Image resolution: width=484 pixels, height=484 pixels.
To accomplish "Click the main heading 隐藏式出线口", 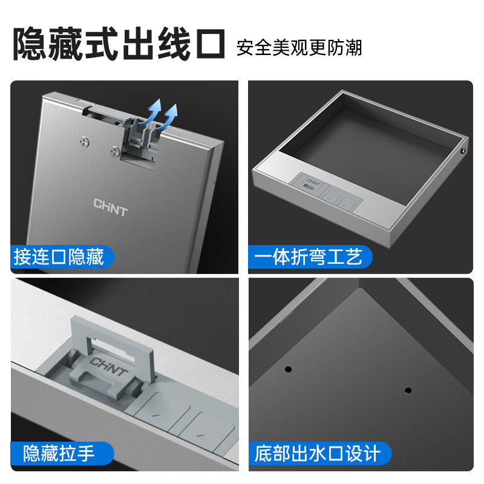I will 120,44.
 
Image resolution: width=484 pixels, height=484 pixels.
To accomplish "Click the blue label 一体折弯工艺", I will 309,257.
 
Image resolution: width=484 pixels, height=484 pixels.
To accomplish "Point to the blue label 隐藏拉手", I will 59,453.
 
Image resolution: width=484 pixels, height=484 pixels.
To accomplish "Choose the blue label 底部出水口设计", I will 318,453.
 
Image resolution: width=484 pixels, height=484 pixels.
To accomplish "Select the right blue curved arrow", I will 171,115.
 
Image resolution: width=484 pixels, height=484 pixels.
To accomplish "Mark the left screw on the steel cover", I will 83,142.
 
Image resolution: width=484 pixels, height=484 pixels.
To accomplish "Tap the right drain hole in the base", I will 408,390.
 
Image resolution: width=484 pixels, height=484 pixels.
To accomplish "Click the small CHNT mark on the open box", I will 313,180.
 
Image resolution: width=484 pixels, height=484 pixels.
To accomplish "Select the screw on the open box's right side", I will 463,150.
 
